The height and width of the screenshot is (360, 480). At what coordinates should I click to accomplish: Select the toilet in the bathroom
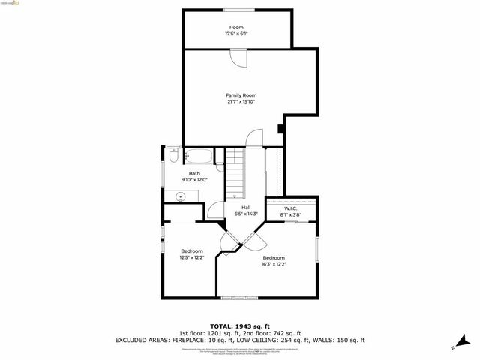coord(171,157)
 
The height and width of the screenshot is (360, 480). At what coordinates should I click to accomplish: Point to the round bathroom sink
coord(181,196)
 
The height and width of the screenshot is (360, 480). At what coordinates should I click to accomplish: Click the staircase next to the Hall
coord(237,172)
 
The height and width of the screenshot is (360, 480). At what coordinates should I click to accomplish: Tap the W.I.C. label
coord(283,209)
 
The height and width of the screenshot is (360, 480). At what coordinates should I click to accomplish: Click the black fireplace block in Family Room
coord(280,128)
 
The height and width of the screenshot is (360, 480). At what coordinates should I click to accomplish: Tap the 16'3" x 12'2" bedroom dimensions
coord(274,264)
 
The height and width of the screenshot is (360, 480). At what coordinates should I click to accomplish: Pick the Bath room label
coord(194,173)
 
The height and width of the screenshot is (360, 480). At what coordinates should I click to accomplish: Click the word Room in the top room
coord(236,28)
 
